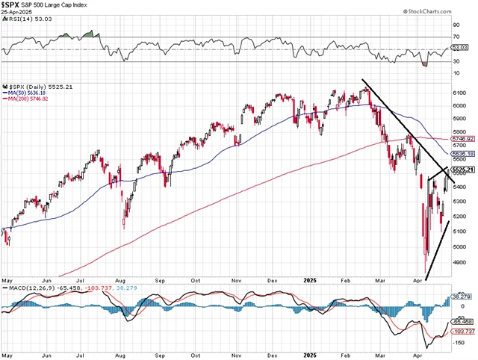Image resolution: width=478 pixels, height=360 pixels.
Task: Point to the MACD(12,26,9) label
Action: click(30, 286)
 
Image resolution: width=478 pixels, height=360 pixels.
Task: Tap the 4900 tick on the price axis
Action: click(461, 262)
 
